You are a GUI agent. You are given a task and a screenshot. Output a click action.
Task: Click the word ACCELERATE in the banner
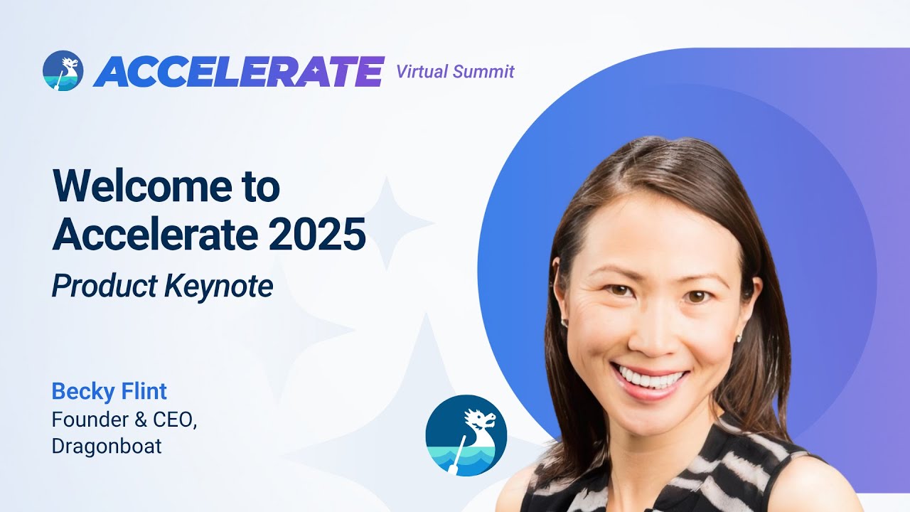[238, 71]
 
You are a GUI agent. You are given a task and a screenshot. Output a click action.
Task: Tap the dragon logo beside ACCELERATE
[63, 71]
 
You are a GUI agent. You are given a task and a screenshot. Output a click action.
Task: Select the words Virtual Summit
[455, 71]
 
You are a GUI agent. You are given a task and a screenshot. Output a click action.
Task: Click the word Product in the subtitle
[104, 286]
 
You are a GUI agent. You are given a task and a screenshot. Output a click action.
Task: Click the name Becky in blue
[76, 391]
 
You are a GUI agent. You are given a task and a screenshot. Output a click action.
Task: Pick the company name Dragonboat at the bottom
[107, 447]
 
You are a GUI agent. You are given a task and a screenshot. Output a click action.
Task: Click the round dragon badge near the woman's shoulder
[466, 435]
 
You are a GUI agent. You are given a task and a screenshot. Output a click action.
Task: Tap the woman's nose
[648, 334]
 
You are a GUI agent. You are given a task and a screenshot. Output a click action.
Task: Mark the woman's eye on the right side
[697, 296]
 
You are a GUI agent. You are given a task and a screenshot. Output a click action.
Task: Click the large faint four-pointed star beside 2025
[387, 222]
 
